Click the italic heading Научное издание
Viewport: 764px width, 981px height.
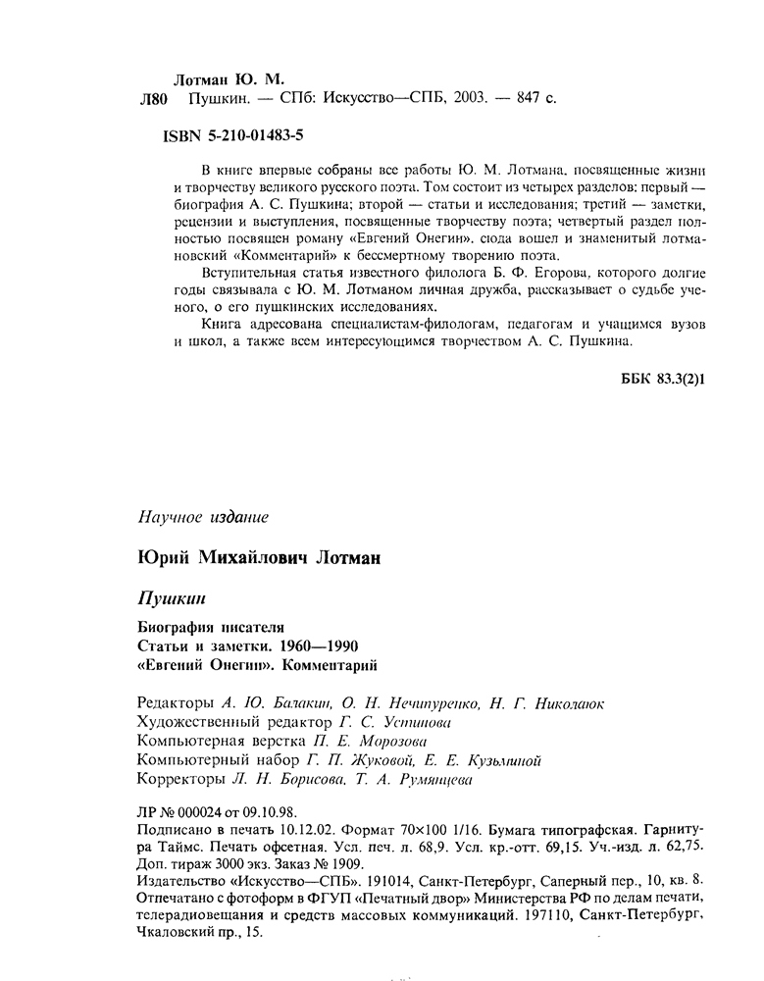tap(200, 516)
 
